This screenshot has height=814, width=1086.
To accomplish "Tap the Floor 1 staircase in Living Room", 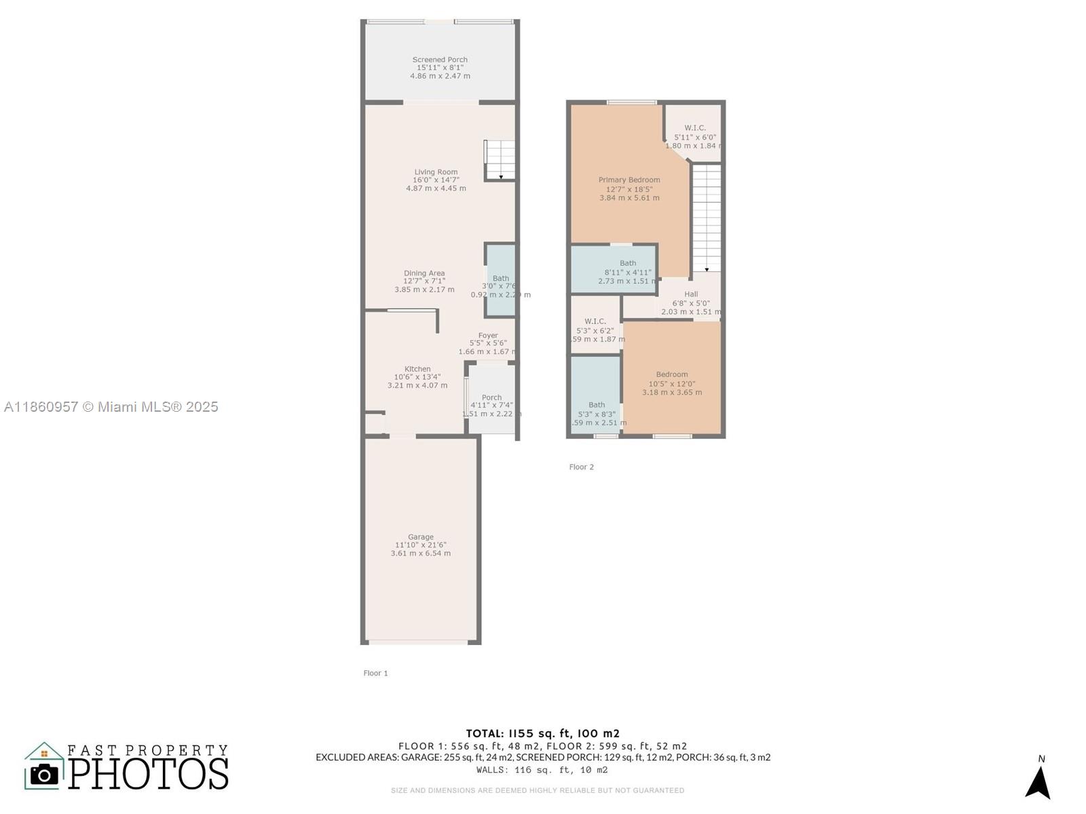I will point(500,160).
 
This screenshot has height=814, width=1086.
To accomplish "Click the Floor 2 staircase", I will point(707,217).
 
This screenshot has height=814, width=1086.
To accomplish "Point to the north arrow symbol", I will point(1038,781).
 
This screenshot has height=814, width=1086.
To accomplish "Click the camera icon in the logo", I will point(45,774).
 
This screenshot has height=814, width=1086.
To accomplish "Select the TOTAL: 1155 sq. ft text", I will point(542,733).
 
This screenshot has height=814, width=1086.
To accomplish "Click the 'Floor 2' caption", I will point(581,467).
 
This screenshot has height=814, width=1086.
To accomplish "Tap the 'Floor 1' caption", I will point(375,674).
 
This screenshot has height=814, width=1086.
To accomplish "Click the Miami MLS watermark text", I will point(111,407).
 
